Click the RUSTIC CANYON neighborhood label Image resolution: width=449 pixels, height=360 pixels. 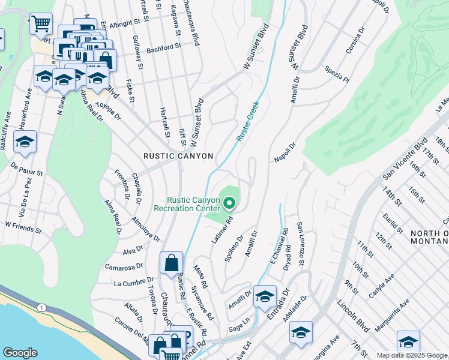pyautogui.click(x=178, y=156)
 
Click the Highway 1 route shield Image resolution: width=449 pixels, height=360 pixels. pyautogui.click(x=40, y=308)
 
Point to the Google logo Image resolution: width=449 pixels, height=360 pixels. pyautogui.click(x=20, y=353)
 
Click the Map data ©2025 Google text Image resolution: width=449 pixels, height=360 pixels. pyautogui.click(x=412, y=355)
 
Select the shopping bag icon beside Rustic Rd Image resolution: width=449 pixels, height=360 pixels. pyautogui.click(x=171, y=263)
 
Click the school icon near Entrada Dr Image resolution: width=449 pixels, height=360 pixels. pyautogui.click(x=265, y=296)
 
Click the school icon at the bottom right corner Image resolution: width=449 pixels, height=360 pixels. pyautogui.click(x=408, y=342)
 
